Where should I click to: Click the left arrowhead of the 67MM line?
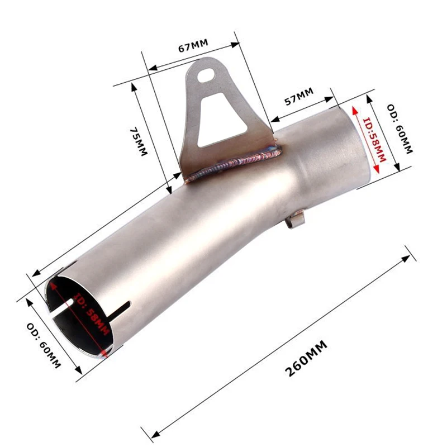pos(150,69)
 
